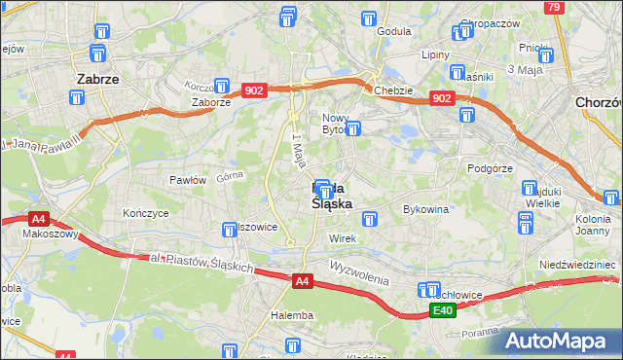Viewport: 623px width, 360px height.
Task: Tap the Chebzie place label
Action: tap(394, 90)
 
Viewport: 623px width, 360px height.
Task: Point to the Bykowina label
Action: tap(425, 209)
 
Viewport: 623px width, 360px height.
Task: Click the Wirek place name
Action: tap(344, 238)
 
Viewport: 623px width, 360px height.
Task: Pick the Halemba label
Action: tap(292, 315)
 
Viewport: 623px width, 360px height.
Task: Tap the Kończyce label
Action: tap(146, 212)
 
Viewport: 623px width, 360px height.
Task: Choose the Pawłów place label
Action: tap(188, 180)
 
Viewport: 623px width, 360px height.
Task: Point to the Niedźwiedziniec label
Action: tap(579, 265)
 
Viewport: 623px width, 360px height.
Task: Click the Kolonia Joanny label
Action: tap(585, 224)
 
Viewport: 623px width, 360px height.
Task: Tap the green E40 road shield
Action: tap(443, 310)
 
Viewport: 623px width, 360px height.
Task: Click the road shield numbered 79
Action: tap(553, 7)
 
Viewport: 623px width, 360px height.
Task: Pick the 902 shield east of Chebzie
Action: tap(442, 98)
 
